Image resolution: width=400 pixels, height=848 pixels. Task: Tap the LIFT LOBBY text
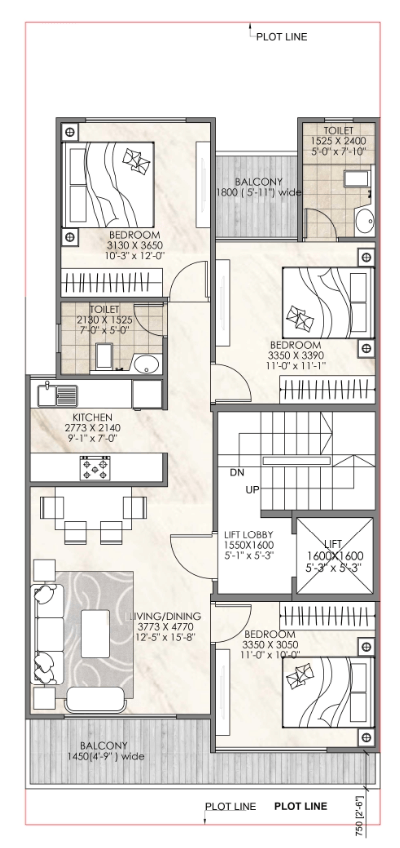tap(249, 535)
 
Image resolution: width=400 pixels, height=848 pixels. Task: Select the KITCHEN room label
tap(92, 418)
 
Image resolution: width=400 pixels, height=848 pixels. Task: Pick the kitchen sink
tap(57, 394)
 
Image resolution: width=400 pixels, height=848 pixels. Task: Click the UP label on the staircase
tap(252, 490)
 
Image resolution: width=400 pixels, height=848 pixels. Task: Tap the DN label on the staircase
tap(237, 472)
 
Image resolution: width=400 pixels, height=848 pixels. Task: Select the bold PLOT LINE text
tap(301, 806)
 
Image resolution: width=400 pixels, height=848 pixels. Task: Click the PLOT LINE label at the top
tap(281, 37)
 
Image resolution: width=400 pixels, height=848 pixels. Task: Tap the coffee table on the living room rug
tap(95, 633)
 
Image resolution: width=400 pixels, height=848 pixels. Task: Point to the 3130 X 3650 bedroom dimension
tap(135, 245)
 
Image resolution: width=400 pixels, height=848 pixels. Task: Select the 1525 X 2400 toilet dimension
tap(338, 141)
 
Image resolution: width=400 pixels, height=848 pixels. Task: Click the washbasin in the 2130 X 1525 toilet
tap(146, 364)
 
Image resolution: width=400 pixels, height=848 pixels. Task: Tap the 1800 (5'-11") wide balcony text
tap(258, 192)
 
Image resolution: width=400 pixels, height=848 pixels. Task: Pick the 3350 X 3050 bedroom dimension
tap(269, 644)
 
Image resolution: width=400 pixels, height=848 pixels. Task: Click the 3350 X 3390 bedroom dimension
tap(295, 355)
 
